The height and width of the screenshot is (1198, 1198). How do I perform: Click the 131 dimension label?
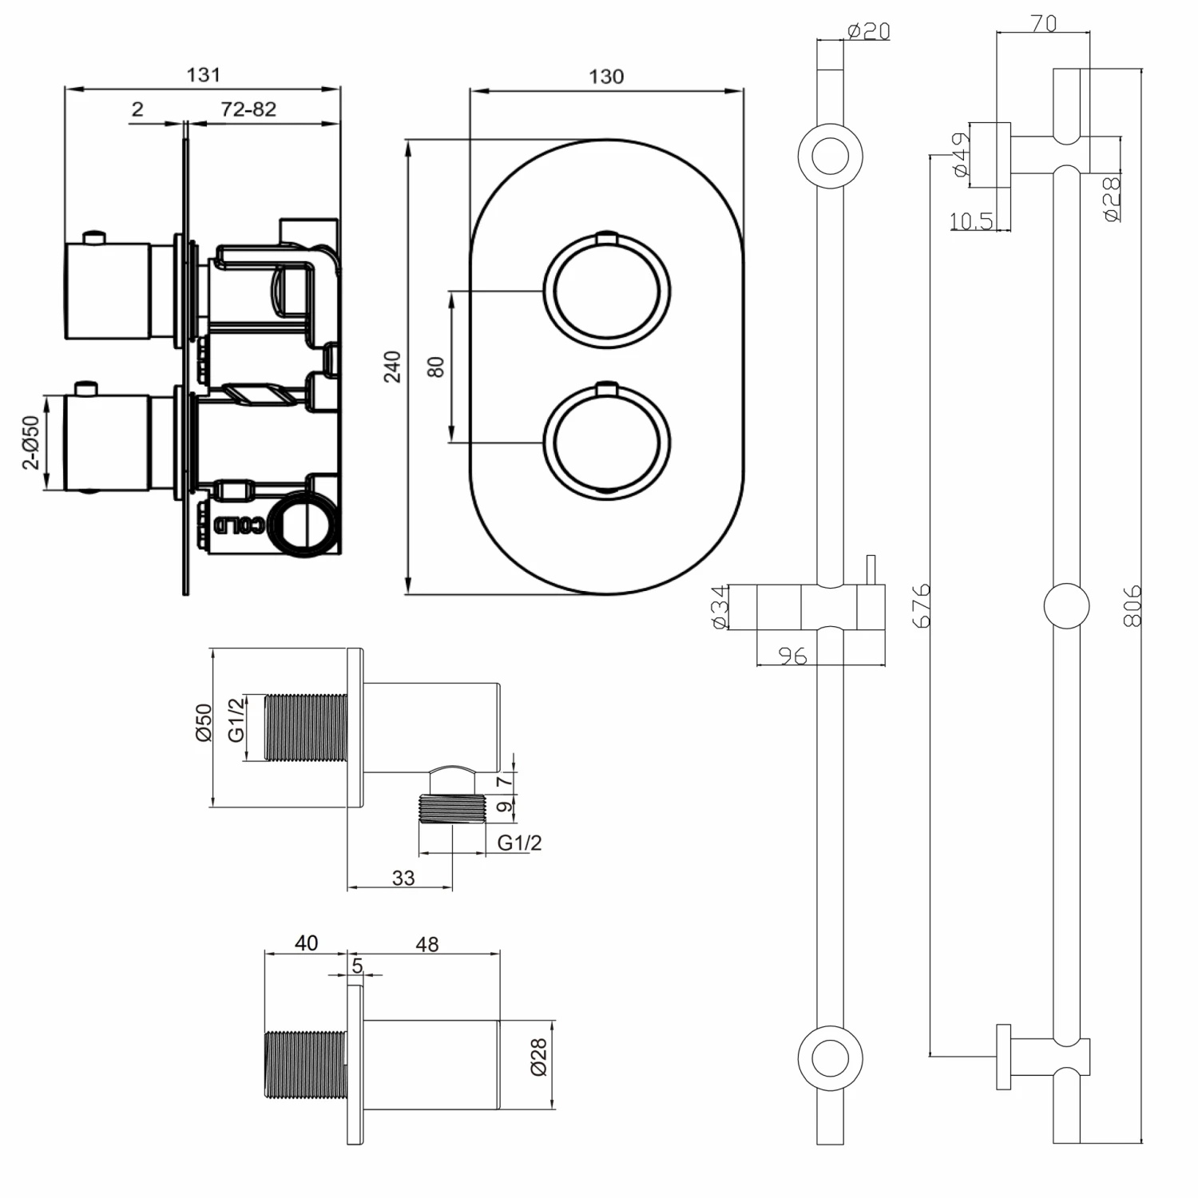pos(203,74)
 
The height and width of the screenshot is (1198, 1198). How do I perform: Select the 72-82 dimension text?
pos(248,109)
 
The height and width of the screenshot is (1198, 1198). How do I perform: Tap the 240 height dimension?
pos(392,367)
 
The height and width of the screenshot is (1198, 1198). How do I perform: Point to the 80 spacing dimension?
pos(435,367)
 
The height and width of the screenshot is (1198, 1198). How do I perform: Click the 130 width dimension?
pos(606,77)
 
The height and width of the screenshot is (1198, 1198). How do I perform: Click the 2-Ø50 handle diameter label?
pos(30,442)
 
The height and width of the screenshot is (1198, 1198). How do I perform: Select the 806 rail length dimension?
pos(1133,605)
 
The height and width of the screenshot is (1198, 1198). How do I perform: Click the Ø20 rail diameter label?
pos(868,31)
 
